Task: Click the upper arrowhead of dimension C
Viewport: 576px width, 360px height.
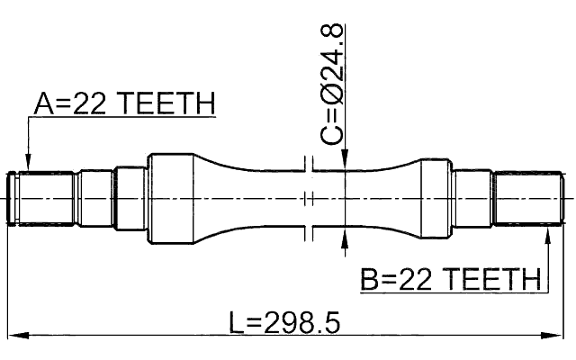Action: [346, 162]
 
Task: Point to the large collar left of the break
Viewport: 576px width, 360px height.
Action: [170, 198]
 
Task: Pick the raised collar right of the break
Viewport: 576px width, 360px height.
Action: [436, 198]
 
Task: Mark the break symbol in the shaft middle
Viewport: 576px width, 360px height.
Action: [309, 198]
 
